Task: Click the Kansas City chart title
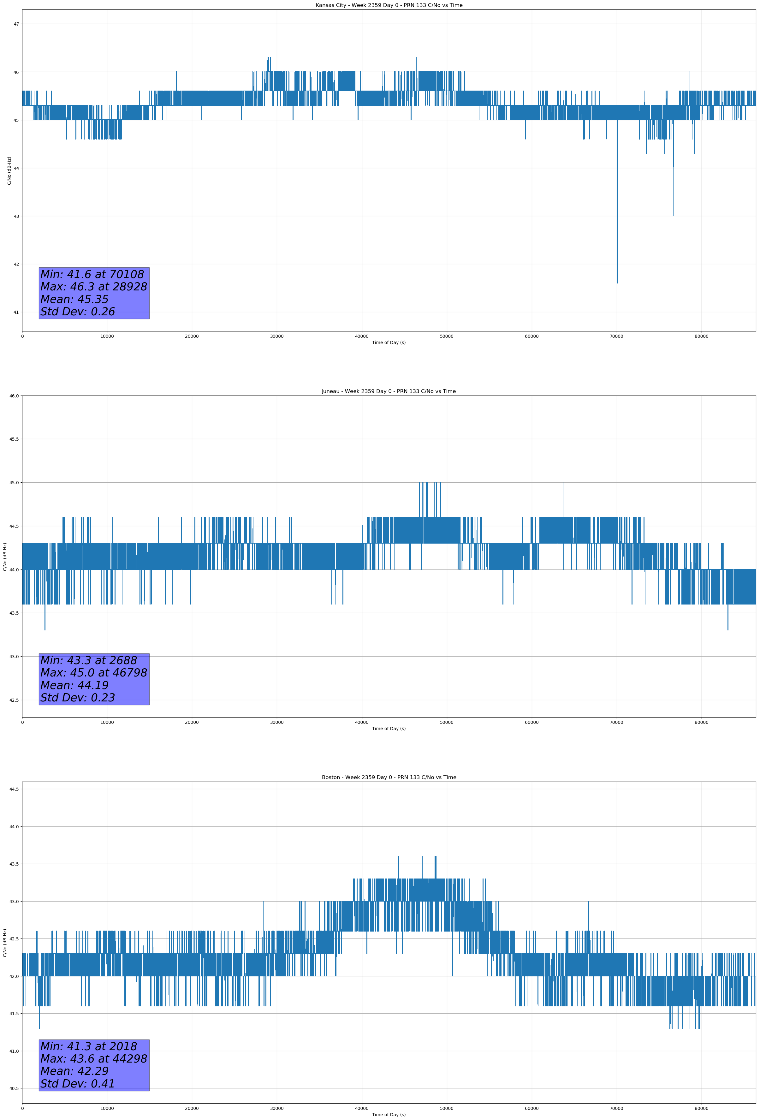[x=389, y=5]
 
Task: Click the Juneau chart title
[x=389, y=391]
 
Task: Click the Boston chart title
[x=389, y=777]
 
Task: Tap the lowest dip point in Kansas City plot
[x=617, y=283]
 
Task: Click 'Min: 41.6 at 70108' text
[x=92, y=274]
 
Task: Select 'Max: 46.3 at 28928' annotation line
[x=93, y=287]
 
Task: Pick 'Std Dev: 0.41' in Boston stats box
[x=78, y=1084]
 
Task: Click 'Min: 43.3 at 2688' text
[x=89, y=660]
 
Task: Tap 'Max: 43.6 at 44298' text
[x=93, y=1059]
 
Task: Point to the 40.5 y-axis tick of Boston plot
[x=14, y=1089]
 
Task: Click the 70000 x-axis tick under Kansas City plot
[x=616, y=337]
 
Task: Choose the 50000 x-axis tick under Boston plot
[x=447, y=1108]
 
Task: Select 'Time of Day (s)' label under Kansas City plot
[x=389, y=343]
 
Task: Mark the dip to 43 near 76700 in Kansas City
[x=673, y=215]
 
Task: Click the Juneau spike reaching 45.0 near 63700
[x=563, y=483]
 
